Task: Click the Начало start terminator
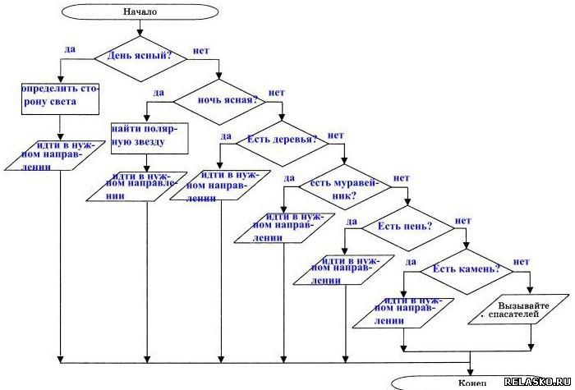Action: (x=140, y=12)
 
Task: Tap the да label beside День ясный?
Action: (x=70, y=49)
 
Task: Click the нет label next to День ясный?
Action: (x=200, y=51)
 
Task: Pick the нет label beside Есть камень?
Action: (x=521, y=262)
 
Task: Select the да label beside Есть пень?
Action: (x=351, y=221)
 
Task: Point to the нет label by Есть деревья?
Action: (x=335, y=135)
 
